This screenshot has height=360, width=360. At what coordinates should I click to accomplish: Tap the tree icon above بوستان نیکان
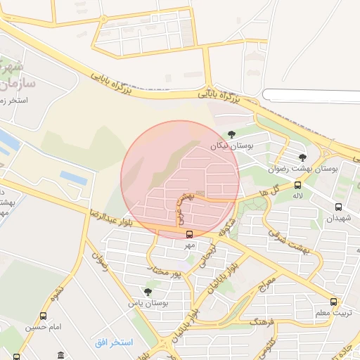tap(232, 134)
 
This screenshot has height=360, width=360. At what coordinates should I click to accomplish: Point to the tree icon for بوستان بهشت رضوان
tap(302, 157)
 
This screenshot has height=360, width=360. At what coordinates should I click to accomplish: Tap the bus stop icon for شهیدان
tap(338, 207)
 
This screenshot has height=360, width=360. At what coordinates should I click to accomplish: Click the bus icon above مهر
tap(189, 235)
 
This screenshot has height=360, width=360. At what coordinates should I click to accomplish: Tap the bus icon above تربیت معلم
tap(333, 301)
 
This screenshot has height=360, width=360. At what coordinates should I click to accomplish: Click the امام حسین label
tap(44, 327)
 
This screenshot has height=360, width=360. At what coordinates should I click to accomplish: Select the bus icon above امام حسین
tap(44, 316)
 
